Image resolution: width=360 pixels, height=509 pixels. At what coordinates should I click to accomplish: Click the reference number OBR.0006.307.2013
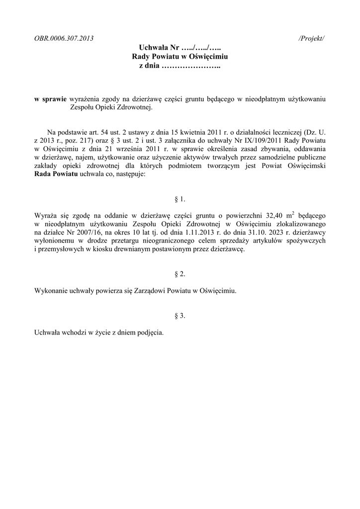click(64, 38)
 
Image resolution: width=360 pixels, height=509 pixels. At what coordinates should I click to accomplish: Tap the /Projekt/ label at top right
click(312, 38)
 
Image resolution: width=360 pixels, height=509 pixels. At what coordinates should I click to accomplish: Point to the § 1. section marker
click(180, 199)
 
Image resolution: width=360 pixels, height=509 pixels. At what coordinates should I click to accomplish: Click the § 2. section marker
click(180, 274)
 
